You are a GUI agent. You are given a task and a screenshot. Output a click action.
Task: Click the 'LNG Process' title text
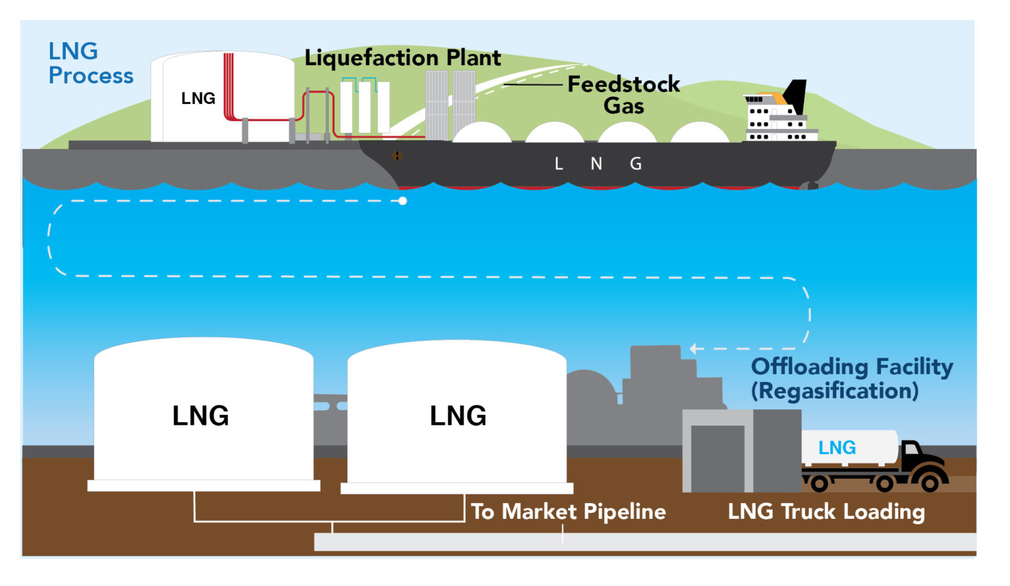[90, 64]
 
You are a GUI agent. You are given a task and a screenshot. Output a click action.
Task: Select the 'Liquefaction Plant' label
[402, 58]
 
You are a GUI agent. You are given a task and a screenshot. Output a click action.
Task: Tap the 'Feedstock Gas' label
[623, 95]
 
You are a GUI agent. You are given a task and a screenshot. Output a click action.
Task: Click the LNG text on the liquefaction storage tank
[198, 99]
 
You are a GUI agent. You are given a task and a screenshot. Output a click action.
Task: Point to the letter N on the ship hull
[596, 164]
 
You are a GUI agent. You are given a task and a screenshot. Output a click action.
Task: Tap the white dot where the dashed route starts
[402, 201]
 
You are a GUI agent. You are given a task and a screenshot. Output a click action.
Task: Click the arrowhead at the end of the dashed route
[693, 349]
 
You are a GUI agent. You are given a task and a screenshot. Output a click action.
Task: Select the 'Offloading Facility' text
[852, 366]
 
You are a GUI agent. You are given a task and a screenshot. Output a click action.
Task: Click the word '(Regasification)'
[834, 391]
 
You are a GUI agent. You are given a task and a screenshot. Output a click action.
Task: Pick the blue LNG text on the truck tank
[836, 448]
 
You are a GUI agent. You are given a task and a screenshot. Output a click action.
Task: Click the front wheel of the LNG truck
[930, 483]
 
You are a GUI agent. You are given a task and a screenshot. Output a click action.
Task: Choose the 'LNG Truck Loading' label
[826, 512]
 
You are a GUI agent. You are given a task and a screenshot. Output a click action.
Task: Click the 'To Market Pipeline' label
[568, 512]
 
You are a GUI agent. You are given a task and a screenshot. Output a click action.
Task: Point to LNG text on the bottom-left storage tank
[201, 416]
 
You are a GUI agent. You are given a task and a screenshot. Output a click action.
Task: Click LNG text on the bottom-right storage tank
[458, 416]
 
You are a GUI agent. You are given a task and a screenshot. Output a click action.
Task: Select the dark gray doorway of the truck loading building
[717, 458]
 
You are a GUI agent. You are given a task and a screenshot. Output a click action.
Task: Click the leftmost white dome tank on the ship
[482, 134]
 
